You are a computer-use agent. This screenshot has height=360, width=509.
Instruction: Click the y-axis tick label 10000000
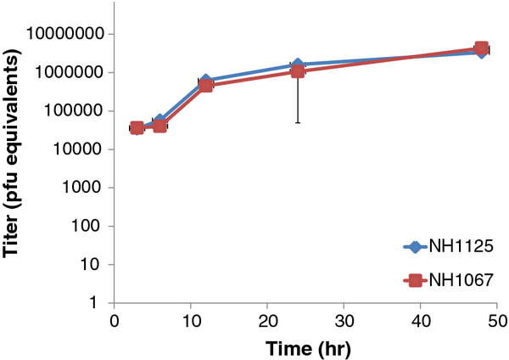click(66, 33)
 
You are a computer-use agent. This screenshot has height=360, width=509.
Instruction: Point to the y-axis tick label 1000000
click(70, 72)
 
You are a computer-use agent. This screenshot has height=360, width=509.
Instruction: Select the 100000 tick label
click(76, 110)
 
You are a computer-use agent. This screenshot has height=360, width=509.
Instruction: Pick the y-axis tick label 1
click(94, 302)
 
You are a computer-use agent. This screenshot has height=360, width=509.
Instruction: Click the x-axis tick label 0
click(115, 321)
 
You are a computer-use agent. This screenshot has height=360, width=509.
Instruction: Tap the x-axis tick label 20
click(267, 321)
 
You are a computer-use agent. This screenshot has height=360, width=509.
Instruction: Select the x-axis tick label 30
click(344, 321)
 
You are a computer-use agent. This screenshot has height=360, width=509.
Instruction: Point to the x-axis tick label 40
click(421, 321)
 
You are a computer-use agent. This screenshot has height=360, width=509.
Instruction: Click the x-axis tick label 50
click(497, 321)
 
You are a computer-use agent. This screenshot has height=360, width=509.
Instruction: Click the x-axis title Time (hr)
click(309, 349)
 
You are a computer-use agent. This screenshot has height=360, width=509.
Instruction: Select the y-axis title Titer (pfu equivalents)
click(11, 154)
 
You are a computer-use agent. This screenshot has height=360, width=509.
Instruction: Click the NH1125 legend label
click(461, 246)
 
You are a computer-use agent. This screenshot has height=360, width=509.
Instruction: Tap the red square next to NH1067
click(414, 280)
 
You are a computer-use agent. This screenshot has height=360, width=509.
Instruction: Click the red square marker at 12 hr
click(206, 86)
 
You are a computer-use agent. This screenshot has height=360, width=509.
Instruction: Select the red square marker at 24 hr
click(298, 71)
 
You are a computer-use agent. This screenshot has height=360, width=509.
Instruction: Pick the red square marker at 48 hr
click(481, 48)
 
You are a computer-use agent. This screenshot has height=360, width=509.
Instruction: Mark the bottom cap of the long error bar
click(298, 123)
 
